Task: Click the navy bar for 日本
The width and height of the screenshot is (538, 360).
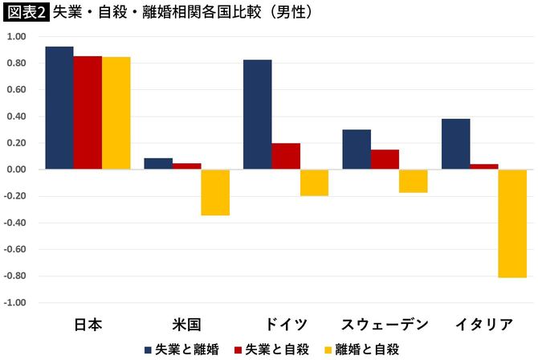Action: point(59,108)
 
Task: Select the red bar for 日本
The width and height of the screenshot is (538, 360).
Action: point(88,112)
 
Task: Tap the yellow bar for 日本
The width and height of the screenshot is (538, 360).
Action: point(116,113)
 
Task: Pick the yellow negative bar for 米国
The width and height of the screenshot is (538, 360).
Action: point(215,192)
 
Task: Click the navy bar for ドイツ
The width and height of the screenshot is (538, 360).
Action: point(257,114)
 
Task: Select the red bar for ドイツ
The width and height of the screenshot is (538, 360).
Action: point(286,156)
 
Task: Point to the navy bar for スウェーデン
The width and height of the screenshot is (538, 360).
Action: point(357,149)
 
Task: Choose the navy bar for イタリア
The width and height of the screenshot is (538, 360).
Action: point(455,144)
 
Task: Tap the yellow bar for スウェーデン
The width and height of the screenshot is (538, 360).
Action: point(414,181)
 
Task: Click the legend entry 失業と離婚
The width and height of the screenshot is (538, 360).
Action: point(181,349)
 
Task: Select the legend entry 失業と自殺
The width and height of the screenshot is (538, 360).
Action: point(271,349)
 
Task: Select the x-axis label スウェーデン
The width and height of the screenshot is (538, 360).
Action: point(385,325)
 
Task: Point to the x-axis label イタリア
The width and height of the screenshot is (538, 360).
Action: point(483,325)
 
